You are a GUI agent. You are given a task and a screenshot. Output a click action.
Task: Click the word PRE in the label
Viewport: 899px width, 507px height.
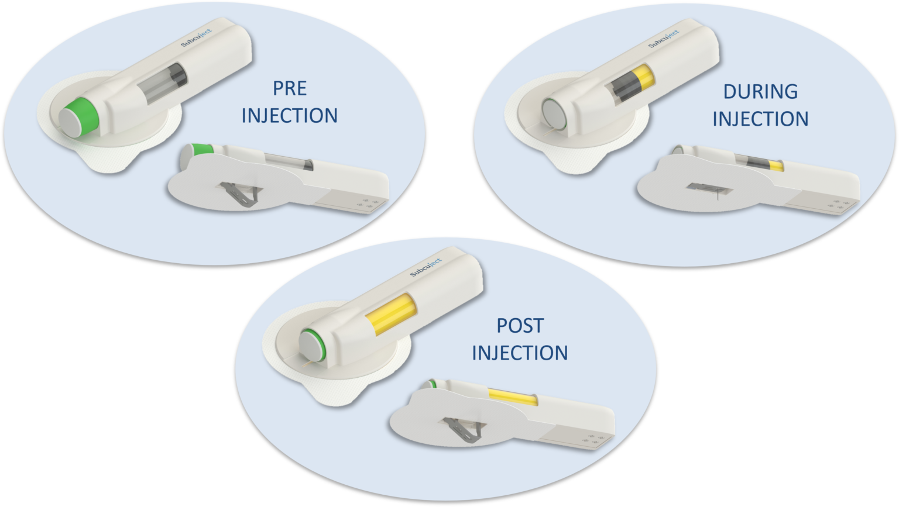pos(290,88)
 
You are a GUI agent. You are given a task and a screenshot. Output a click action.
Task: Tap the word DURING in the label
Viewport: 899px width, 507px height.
pos(760,92)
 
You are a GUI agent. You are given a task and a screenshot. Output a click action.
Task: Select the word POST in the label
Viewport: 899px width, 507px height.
pos(520,326)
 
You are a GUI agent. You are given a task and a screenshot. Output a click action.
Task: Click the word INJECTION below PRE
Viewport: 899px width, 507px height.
pos(290,116)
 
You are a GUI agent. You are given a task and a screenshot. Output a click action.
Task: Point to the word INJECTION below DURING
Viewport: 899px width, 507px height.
pos(760,119)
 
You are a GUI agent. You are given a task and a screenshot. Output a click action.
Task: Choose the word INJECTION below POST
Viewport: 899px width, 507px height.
pos(520,353)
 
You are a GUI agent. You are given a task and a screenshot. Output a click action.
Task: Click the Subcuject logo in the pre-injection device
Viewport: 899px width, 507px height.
pos(196,37)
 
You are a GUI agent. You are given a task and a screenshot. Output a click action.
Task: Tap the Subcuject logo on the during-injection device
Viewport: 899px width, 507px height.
pos(664,39)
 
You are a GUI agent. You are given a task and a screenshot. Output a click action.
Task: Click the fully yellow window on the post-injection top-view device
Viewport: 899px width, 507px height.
pos(392,314)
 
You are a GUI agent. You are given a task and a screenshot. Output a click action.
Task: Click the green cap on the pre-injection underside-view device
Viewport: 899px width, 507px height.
pos(199,151)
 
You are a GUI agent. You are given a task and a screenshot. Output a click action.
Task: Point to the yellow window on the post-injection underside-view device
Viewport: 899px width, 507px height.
pos(512,395)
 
